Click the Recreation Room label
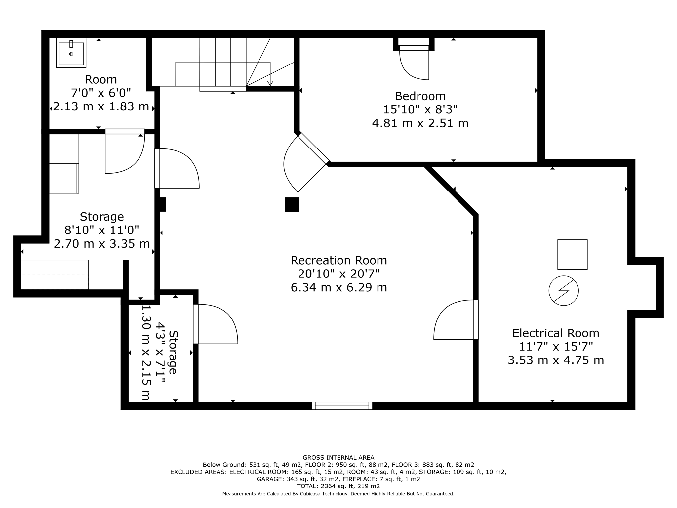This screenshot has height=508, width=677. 338,260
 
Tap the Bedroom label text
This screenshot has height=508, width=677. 420,96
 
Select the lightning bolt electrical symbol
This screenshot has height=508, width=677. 564,291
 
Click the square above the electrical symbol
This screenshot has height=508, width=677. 572,254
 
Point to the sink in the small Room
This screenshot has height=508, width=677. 71,53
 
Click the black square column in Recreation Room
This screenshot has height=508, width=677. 292,204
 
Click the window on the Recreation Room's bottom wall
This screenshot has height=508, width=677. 342,406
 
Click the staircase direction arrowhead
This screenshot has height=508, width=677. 270,83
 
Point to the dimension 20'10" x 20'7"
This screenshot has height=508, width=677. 338,274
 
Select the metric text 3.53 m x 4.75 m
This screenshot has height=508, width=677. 556,360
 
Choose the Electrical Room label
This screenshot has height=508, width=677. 556,333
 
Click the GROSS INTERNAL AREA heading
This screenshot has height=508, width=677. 338,458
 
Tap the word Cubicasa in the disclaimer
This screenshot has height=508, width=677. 313,494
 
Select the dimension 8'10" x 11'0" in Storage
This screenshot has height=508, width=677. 101,230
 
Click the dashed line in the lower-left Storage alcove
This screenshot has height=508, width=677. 55,275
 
